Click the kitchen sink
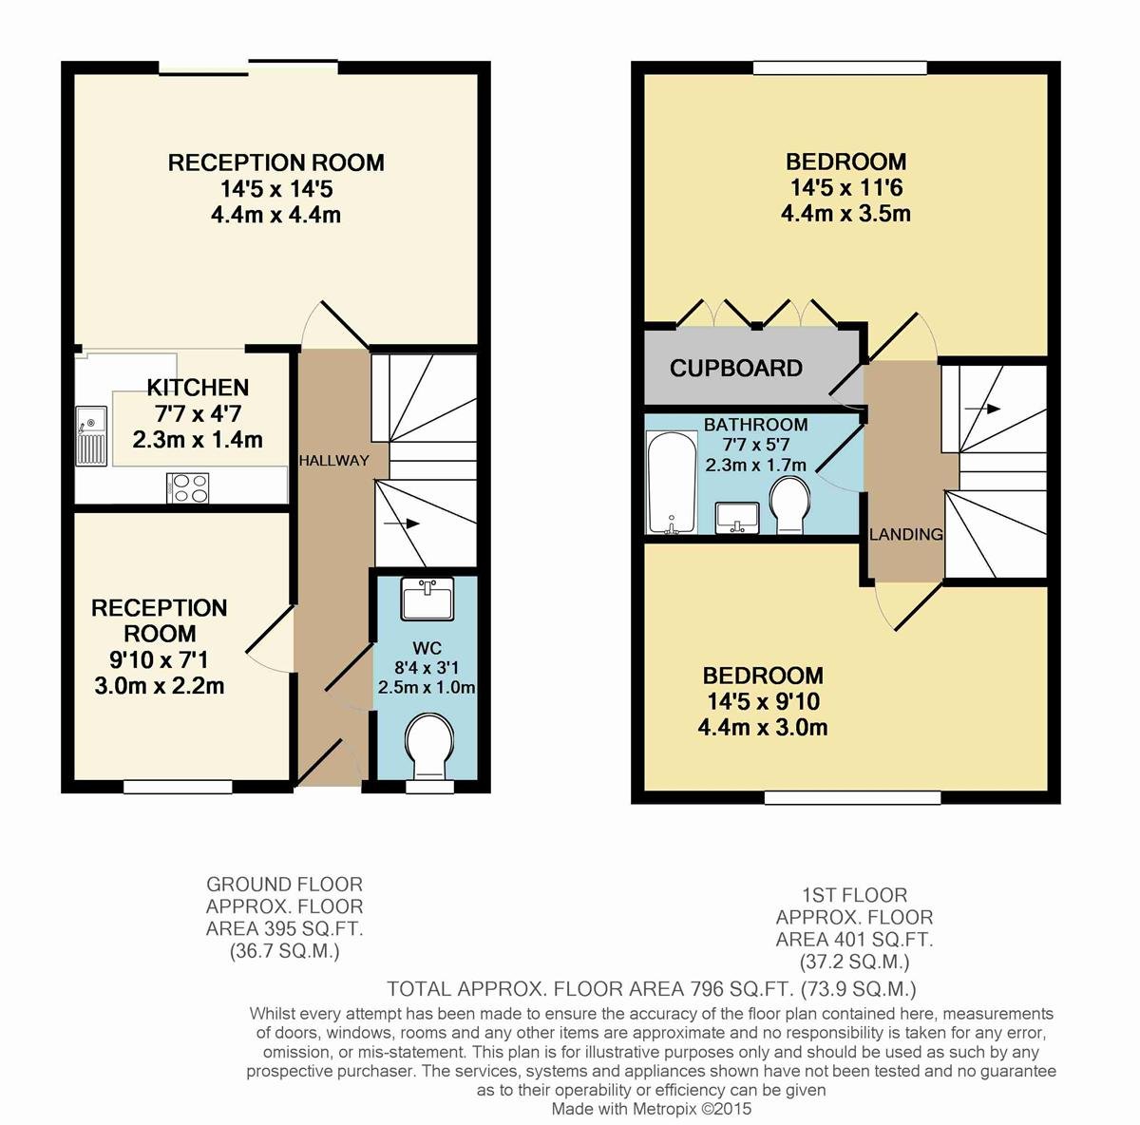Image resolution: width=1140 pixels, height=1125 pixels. (x=91, y=436)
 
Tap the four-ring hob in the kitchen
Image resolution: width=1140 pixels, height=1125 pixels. (x=188, y=488)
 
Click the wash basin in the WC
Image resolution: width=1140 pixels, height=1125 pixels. (x=427, y=599)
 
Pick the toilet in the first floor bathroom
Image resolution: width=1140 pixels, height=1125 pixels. (x=790, y=506)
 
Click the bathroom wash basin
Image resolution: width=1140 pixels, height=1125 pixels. (x=737, y=518)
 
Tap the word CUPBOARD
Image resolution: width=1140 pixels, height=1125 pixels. (x=736, y=368)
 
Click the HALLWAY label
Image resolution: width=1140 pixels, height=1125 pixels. (x=333, y=461)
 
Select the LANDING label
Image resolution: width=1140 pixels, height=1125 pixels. (x=906, y=534)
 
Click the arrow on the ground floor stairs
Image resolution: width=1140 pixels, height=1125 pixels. (x=402, y=524)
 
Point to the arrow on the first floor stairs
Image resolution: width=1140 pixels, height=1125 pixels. (x=982, y=409)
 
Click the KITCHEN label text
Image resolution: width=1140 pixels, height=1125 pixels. (x=198, y=388)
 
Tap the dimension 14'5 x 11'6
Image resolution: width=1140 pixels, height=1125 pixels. (x=846, y=187)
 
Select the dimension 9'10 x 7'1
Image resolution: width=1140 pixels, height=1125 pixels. (x=160, y=659)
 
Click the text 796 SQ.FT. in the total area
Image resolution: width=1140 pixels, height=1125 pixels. (x=740, y=988)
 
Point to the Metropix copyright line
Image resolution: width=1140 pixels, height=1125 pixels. (x=652, y=1109)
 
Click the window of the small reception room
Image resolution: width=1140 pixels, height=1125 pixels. (x=178, y=787)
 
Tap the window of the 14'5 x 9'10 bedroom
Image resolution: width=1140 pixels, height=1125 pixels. (x=852, y=798)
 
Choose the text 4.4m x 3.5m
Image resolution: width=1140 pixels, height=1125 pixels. (x=846, y=213)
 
